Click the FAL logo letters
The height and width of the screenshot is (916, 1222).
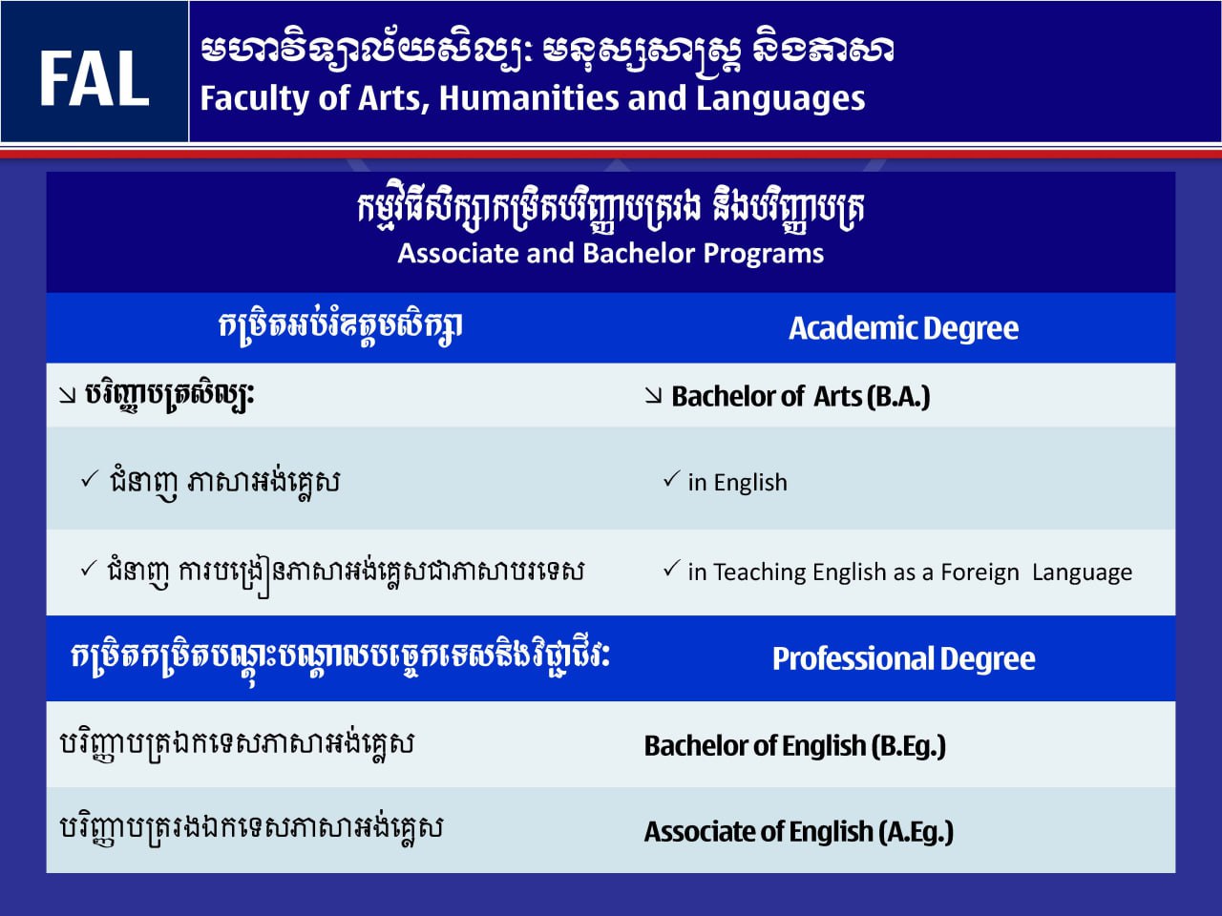pos(95,78)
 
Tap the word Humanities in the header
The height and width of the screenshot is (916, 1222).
pos(528,98)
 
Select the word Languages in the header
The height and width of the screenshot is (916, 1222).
pos(781,99)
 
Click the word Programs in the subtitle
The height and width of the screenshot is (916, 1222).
pos(763,254)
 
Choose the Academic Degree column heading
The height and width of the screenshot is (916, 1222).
pos(903,328)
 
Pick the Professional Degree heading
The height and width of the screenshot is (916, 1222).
pos(903,659)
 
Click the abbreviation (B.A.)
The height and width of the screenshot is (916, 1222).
pos(898,397)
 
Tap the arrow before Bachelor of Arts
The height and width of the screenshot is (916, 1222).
pos(653,396)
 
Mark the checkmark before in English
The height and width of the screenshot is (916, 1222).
pos(672,479)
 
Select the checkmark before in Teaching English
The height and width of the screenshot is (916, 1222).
pos(672,569)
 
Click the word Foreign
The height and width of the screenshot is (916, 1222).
pos(980,572)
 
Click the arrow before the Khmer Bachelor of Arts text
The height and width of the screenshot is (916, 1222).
pos(68,395)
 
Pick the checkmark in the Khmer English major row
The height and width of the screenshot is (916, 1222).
pos(90,479)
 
